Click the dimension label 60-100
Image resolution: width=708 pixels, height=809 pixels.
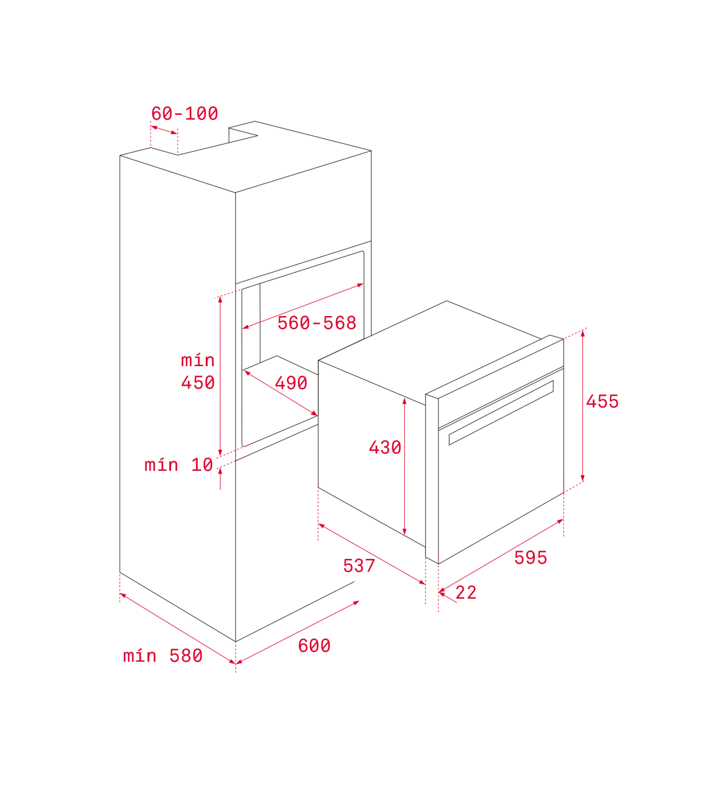pos(184,114)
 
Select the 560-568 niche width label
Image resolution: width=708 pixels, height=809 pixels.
pos(317,323)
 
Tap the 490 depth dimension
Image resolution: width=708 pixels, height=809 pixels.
pos(291,383)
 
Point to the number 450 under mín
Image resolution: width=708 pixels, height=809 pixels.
pos(198,382)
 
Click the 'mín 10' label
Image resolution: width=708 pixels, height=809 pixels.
pos(179,465)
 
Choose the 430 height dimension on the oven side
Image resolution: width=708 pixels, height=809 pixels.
pos(385,448)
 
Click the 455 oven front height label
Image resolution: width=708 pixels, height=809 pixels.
pos(602,402)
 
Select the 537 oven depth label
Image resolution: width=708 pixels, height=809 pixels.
pos(359,566)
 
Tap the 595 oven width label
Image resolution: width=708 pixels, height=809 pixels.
pos(530,558)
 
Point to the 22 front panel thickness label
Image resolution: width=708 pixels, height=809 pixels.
pos(466,593)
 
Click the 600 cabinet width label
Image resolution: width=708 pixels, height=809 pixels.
pos(314,646)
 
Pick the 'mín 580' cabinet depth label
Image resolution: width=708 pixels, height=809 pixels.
pos(163,656)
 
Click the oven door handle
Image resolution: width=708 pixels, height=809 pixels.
pos(501,413)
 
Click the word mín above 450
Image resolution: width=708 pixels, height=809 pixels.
pos(198,360)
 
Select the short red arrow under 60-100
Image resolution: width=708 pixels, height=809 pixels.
pos(164,130)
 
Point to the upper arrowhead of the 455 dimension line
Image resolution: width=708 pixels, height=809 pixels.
pos(582,333)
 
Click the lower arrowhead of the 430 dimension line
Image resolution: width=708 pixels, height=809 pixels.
pos(404,531)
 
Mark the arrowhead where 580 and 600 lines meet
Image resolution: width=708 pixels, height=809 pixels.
pos(236,662)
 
